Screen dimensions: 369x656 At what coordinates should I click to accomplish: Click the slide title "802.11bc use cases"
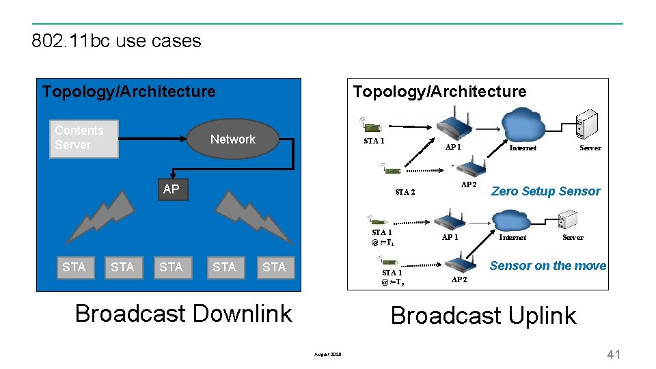click(x=116, y=41)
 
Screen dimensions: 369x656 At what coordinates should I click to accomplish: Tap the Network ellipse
click(x=233, y=139)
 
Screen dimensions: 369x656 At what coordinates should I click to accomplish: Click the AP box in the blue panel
click(x=172, y=189)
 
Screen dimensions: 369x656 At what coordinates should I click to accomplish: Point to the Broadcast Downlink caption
click(x=183, y=314)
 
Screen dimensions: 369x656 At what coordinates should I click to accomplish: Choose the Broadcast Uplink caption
click(x=483, y=316)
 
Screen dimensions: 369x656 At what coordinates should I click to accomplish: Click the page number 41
click(x=613, y=354)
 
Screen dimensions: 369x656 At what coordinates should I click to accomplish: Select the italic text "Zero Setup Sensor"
click(x=545, y=191)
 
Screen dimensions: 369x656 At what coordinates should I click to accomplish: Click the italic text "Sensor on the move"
click(x=547, y=266)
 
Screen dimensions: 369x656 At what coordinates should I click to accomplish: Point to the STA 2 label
click(x=405, y=192)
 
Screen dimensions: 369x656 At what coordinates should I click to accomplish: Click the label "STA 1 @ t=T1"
click(x=382, y=237)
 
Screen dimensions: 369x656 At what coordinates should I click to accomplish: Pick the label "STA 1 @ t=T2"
click(x=392, y=277)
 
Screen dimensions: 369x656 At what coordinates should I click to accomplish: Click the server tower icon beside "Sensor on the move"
click(x=568, y=220)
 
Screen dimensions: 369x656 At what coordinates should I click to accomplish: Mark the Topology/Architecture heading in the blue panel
click(x=128, y=92)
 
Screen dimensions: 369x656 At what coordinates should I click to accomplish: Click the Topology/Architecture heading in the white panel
click(x=439, y=92)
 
